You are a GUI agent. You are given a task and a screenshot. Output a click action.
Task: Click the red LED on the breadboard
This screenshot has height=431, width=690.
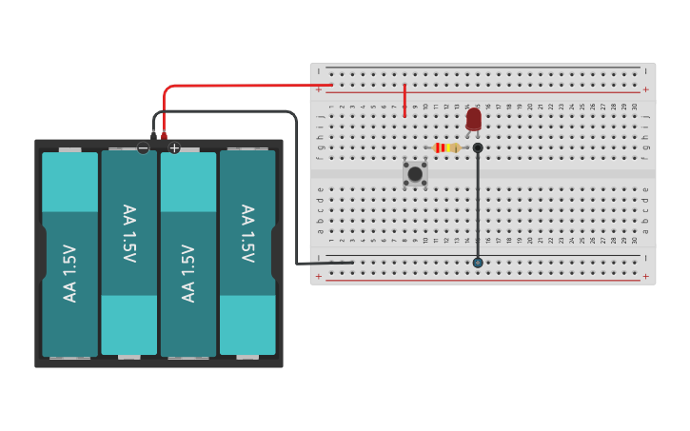474,119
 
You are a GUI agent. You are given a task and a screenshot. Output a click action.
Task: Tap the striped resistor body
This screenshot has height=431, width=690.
445,147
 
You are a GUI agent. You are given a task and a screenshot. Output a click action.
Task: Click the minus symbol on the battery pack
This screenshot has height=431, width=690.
143,147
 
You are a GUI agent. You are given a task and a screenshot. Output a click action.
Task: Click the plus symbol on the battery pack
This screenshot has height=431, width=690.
174,147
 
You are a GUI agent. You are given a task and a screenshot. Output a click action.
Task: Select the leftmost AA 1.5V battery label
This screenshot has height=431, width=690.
69,274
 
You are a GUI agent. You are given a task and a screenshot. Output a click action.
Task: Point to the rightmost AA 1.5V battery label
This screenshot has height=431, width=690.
247,233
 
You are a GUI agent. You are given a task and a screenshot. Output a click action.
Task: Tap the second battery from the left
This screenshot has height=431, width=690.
128,252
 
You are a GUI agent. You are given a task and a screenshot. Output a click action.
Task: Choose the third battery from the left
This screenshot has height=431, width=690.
187,252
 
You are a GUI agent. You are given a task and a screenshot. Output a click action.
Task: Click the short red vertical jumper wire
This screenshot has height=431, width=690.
404,100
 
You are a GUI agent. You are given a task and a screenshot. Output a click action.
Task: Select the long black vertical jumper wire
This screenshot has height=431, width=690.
478,205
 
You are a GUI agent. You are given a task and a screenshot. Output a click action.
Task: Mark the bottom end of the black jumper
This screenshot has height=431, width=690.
478,263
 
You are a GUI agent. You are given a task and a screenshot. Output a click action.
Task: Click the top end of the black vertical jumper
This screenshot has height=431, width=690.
478,147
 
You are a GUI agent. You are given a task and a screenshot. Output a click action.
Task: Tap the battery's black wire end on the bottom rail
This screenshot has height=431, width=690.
352,263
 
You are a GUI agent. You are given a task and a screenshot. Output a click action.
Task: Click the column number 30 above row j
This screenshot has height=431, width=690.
635,106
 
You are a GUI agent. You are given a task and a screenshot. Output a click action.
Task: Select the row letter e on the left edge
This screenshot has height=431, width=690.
320,189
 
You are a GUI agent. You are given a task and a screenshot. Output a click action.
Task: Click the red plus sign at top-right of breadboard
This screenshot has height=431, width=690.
646,89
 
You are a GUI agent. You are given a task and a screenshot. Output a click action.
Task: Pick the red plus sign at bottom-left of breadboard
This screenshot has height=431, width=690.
319,277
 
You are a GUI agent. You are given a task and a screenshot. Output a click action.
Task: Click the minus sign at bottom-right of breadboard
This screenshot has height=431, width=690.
646,258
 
